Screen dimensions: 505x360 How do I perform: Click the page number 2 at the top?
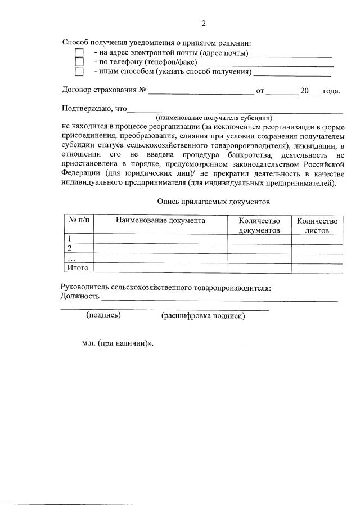(x=204, y=24)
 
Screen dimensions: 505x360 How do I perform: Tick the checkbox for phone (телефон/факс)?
(x=79, y=62)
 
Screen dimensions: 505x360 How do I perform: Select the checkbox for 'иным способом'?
(x=79, y=71)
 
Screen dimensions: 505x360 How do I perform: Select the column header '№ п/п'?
(x=78, y=221)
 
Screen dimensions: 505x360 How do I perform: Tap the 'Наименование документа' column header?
(x=160, y=221)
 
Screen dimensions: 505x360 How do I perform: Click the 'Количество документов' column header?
(x=259, y=226)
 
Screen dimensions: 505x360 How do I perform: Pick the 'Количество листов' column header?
(x=317, y=226)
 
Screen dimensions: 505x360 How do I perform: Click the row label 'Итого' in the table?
(x=78, y=267)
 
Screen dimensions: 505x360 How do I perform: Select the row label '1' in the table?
(x=69, y=239)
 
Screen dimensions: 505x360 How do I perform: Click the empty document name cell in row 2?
(x=160, y=249)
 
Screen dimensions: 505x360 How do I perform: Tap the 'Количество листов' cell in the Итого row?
(x=317, y=267)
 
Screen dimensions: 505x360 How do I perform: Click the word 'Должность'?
(x=80, y=296)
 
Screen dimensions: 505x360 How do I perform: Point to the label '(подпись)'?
(x=103, y=315)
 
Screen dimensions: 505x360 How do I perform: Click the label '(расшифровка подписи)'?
(x=203, y=316)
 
